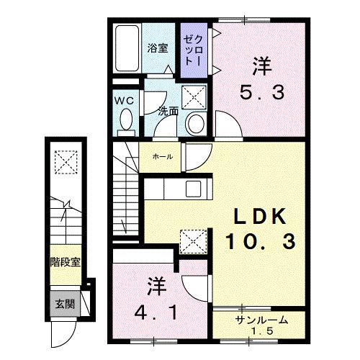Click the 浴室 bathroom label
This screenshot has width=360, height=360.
[x=158, y=48]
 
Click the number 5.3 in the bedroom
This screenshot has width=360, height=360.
[x=262, y=92]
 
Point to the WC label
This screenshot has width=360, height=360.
[x=124, y=101]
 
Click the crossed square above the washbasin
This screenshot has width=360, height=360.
[x=192, y=96]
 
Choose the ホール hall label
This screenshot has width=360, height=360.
[x=161, y=156]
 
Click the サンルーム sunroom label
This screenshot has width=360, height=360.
[x=259, y=320]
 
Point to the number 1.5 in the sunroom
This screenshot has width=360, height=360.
[x=260, y=331]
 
